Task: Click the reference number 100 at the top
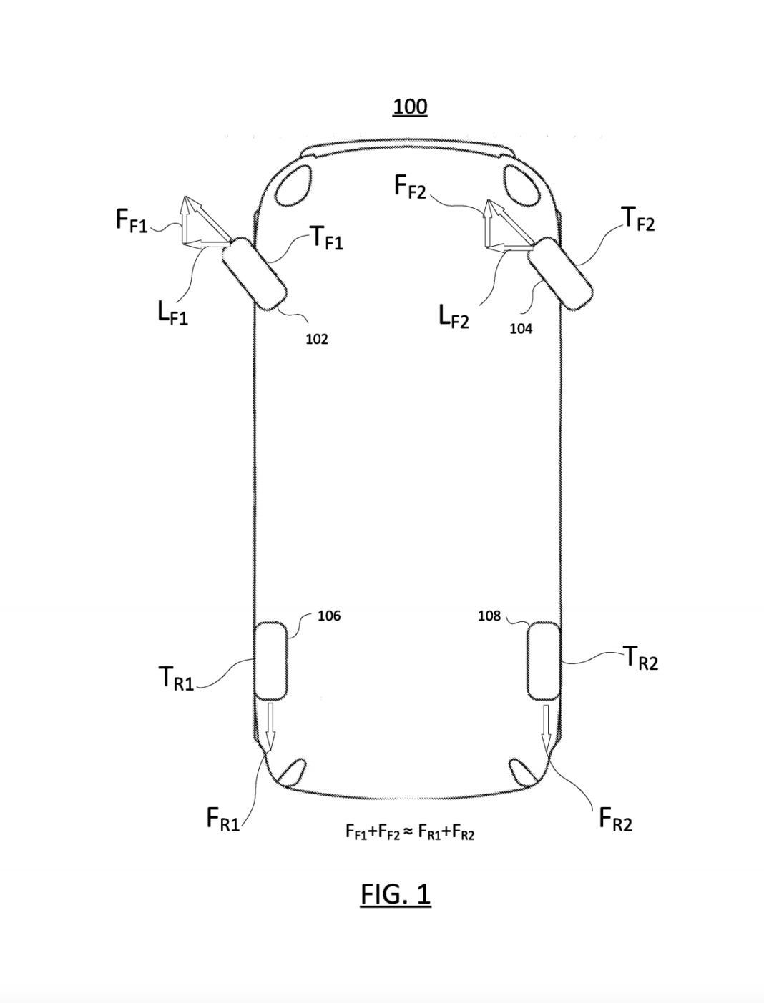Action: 410,107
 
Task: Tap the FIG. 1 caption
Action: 396,894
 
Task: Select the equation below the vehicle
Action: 409,831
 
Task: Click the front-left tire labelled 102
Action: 254,274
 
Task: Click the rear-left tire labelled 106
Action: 270,660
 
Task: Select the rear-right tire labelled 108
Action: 544,660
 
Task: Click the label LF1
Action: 172,313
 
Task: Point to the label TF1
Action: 326,237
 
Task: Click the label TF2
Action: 638,218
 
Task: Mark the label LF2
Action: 454,317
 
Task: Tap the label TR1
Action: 176,678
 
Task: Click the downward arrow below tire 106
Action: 270,723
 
